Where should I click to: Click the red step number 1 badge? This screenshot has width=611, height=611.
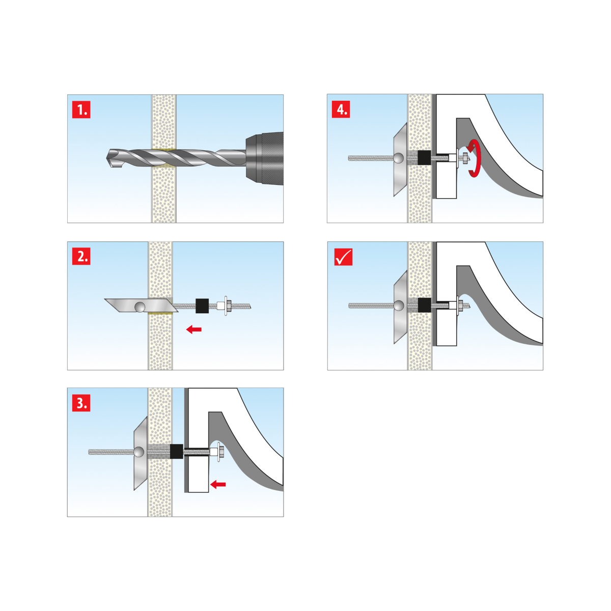pyautogui.click(x=81, y=109)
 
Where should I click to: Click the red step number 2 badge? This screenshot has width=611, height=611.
pyautogui.click(x=81, y=256)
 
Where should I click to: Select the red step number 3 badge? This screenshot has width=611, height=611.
pyautogui.click(x=81, y=403)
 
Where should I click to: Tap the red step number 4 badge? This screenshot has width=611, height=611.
pyautogui.click(x=341, y=109)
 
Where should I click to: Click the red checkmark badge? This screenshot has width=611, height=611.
pyautogui.click(x=343, y=257)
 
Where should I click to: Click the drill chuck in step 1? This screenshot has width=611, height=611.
pyautogui.click(x=264, y=158)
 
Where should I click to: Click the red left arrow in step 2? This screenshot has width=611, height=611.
pyautogui.click(x=193, y=329)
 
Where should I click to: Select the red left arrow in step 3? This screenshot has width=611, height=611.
pyautogui.click(x=218, y=484)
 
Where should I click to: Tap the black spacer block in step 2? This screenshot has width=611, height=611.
pyautogui.click(x=202, y=306)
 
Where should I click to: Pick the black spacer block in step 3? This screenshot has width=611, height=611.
pyautogui.click(x=177, y=452)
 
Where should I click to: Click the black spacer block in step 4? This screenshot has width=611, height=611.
pyautogui.click(x=424, y=157)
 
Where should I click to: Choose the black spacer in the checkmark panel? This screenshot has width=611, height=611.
pyautogui.click(x=425, y=305)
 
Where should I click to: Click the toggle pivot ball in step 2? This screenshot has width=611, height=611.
pyautogui.click(x=140, y=307)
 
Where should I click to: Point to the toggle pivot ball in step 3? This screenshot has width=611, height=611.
pyautogui.click(x=138, y=452)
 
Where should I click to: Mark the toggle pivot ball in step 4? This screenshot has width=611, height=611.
pyautogui.click(x=399, y=158)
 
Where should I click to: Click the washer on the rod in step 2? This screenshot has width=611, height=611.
pyautogui.click(x=226, y=305)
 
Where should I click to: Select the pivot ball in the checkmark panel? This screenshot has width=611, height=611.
pyautogui.click(x=399, y=305)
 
